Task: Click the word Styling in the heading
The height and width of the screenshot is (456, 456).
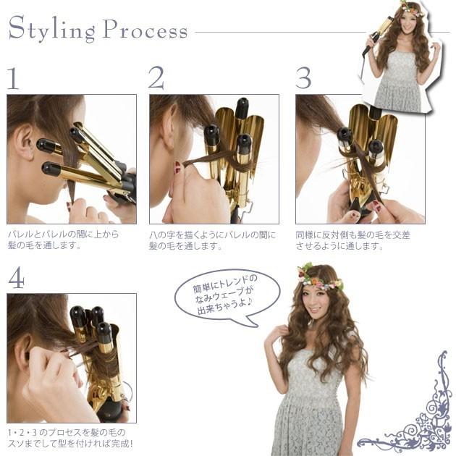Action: click(52, 29)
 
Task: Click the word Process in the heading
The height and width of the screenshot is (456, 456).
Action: click(145, 29)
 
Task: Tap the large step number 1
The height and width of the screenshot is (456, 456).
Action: click(13, 78)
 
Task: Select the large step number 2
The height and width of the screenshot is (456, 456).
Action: click(156, 77)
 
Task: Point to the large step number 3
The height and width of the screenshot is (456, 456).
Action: click(303, 77)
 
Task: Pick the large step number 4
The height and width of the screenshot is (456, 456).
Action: click(16, 277)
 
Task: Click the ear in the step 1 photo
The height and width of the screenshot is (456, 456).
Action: click(25, 142)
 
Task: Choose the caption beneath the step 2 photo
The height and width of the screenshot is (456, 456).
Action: click(212, 240)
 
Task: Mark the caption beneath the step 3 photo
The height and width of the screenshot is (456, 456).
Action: click(352, 240)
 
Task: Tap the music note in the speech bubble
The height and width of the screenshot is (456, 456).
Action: click(250, 303)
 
